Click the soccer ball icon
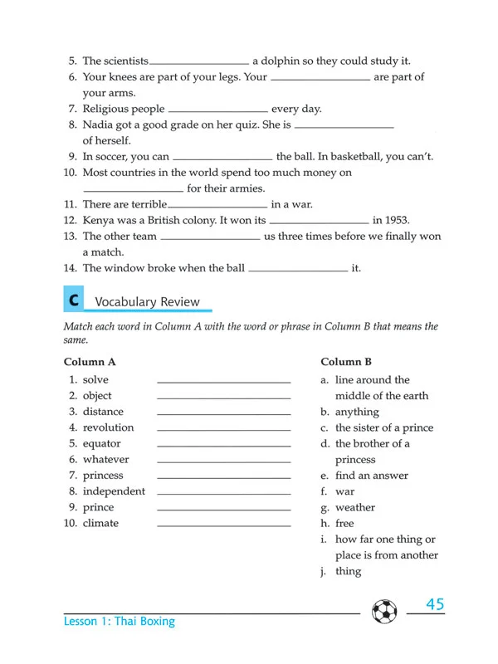tap(385, 612)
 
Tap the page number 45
tap(435, 604)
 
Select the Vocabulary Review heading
tap(147, 301)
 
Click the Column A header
tap(90, 362)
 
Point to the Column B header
tap(346, 362)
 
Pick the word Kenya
tap(100, 220)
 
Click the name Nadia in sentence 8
tap(99, 124)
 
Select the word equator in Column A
tap(101, 443)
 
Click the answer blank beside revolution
tap(223, 429)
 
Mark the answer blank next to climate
tap(223, 525)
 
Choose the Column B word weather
tap(355, 507)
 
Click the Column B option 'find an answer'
tap(371, 476)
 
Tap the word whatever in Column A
tap(105, 459)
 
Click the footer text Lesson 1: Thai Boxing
tap(120, 621)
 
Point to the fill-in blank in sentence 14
tap(298, 270)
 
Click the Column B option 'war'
tap(344, 491)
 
